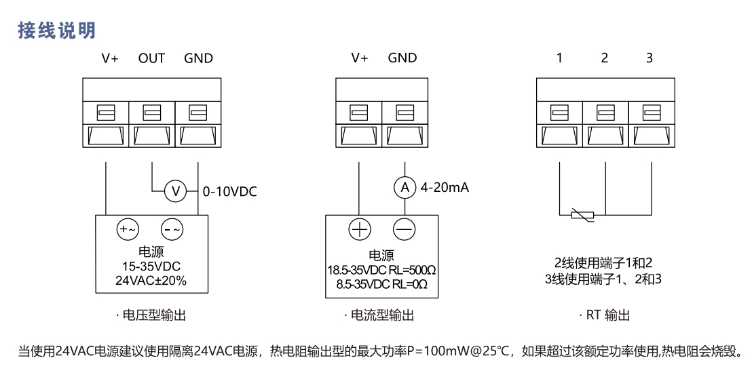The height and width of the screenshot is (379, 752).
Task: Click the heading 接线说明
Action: pos(57,30)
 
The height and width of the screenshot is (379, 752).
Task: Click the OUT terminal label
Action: pos(151,58)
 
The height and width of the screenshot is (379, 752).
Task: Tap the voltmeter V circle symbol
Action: pos(175,192)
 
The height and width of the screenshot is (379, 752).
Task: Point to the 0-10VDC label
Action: pos(230,192)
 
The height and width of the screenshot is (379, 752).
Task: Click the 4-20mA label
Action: pos(445,188)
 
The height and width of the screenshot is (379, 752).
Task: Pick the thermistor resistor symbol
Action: pos(582,216)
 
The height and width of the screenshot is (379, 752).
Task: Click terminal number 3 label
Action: pos(650,58)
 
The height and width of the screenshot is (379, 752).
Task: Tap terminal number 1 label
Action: pos(559,58)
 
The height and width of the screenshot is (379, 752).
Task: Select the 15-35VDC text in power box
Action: pos(151,266)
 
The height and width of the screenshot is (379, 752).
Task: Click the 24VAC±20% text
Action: pos(151,280)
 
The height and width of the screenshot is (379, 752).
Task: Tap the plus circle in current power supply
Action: pos(359,231)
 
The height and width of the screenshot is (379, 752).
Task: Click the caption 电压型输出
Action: pos(151,315)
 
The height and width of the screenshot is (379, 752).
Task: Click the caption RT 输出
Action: pos(605,315)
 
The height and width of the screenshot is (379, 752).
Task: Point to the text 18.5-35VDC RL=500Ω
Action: pos(382,271)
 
